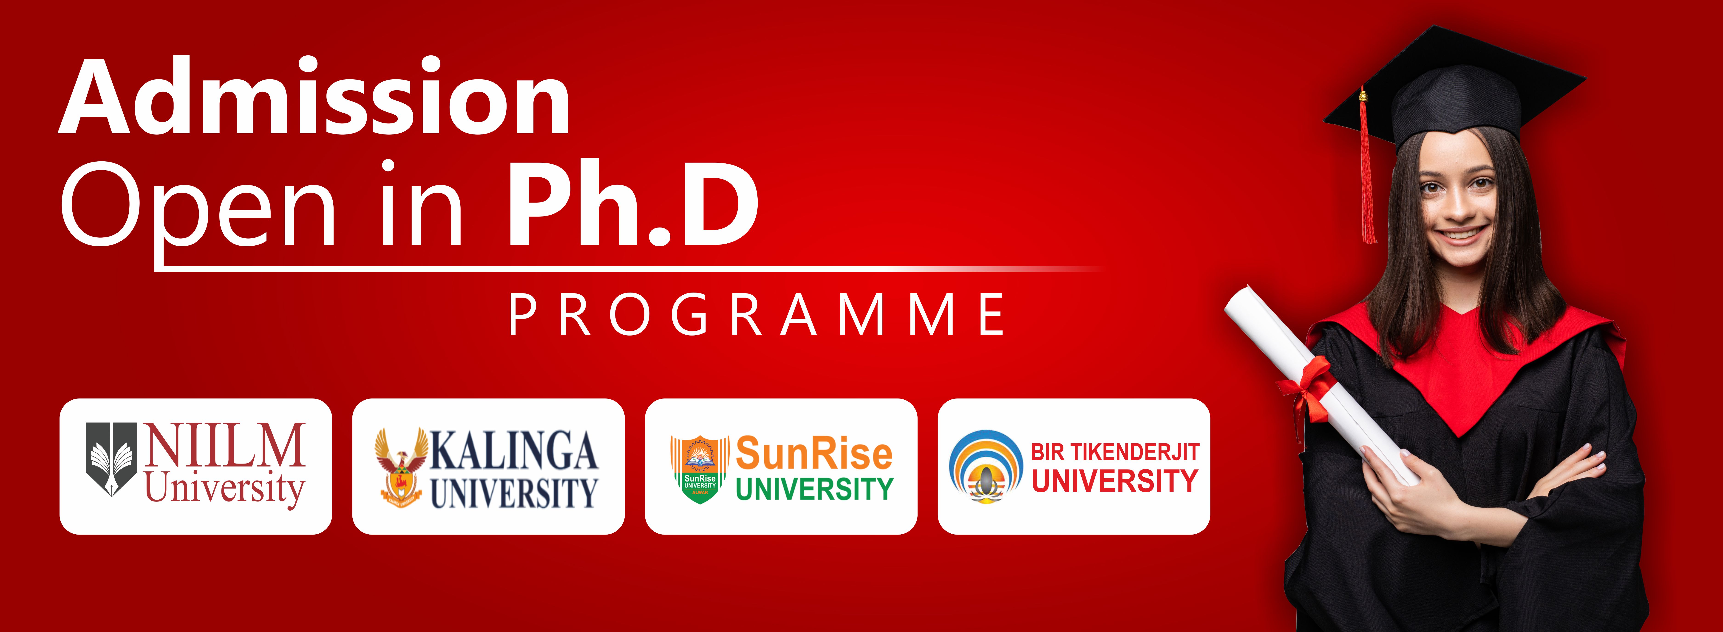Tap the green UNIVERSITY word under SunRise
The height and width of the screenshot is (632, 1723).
(814, 489)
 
